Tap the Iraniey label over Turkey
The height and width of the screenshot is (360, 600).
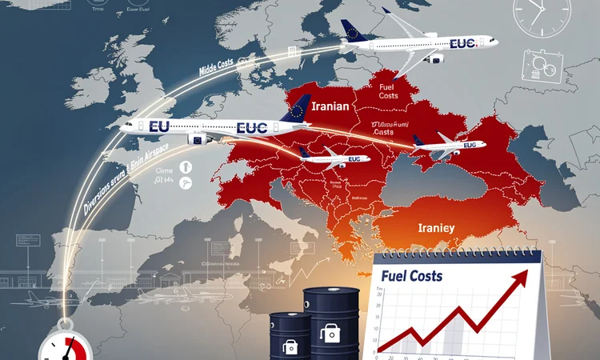coord(436,228)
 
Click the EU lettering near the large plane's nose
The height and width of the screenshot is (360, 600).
coord(160,126)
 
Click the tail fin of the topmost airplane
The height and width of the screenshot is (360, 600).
coord(354,30)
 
